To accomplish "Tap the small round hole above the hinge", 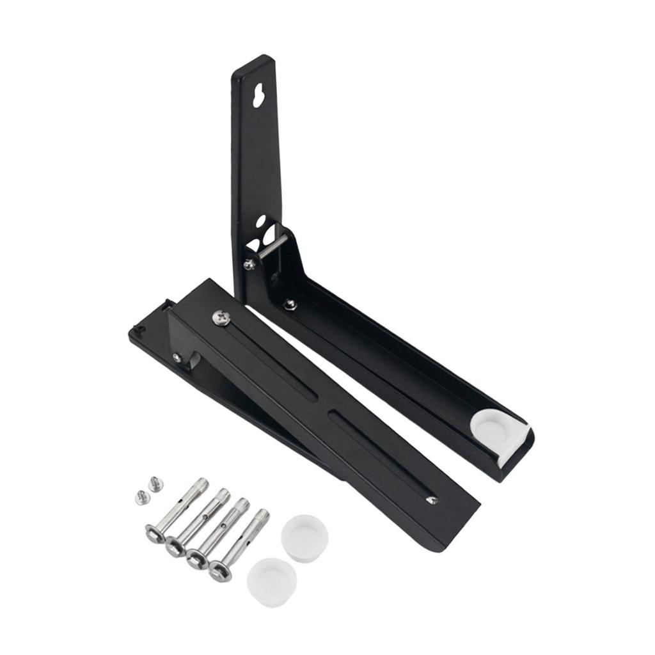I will (x=261, y=221).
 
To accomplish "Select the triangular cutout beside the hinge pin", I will (x=254, y=245).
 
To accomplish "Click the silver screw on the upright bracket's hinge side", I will (x=247, y=263).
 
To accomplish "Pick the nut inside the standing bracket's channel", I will (x=290, y=304).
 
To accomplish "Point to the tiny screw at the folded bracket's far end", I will (x=432, y=500).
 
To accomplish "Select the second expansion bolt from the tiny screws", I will (x=196, y=522).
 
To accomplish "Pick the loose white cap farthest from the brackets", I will (x=272, y=581).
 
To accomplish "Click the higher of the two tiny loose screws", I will (x=154, y=484).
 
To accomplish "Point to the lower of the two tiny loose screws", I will (x=141, y=497).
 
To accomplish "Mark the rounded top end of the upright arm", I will (x=255, y=63).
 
